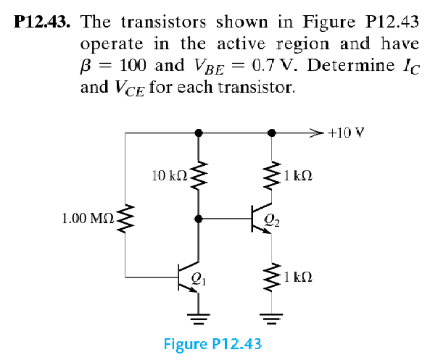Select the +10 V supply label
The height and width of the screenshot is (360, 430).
tap(346, 133)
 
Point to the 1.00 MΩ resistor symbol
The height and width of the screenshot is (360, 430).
tap(126, 217)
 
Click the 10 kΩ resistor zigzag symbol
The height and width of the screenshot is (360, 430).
tap(198, 175)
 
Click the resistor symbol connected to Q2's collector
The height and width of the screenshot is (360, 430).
tap(272, 175)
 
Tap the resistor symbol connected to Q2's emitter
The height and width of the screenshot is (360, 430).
tap(272, 277)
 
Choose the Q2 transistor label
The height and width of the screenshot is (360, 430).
tap(271, 223)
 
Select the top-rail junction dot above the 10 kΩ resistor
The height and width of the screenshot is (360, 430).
tap(198, 133)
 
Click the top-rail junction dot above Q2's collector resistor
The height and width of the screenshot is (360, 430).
tap(272, 133)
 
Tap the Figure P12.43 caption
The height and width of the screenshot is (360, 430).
tap(212, 343)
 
